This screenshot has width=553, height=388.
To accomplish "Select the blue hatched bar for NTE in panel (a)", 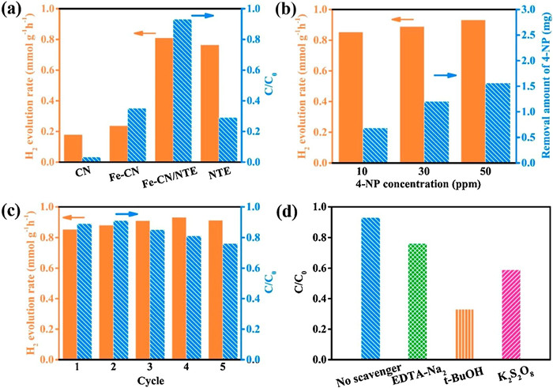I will [x=228, y=140].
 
